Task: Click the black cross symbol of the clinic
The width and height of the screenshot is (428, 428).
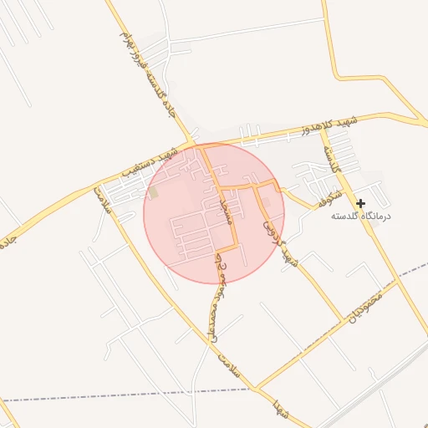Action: pyautogui.click(x=360, y=203)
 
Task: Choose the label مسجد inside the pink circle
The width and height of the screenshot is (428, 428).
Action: pyautogui.click(x=223, y=205)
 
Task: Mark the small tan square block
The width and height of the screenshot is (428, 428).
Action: pyautogui.click(x=153, y=193)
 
